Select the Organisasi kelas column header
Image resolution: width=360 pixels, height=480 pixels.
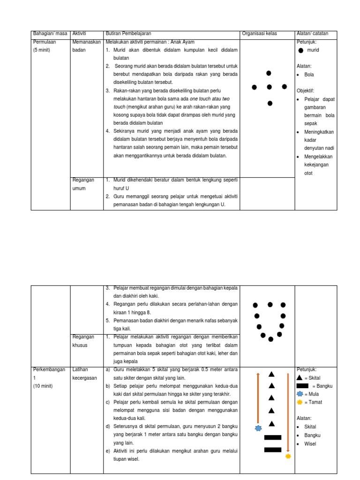[259, 34]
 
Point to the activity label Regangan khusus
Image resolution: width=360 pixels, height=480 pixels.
[83, 341]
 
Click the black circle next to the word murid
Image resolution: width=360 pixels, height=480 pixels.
[300, 50]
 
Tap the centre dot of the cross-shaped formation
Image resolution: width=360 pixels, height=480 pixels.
[269, 87]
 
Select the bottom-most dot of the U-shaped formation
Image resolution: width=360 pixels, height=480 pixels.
[270, 339]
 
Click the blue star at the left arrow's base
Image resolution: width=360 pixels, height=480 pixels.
[258, 428]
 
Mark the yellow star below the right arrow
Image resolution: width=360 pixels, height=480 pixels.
[288, 456]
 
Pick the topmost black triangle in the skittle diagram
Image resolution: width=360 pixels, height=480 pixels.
[271, 374]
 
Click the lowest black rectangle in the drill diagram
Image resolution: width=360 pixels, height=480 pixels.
[272, 450]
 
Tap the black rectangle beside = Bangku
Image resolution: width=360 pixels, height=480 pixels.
[302, 386]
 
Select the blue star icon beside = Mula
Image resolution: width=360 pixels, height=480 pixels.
[300, 394]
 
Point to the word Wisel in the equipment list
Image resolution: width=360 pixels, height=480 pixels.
[310, 443]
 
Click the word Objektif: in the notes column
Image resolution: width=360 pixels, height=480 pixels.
[305, 90]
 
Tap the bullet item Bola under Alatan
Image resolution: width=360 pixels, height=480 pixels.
[309, 75]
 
